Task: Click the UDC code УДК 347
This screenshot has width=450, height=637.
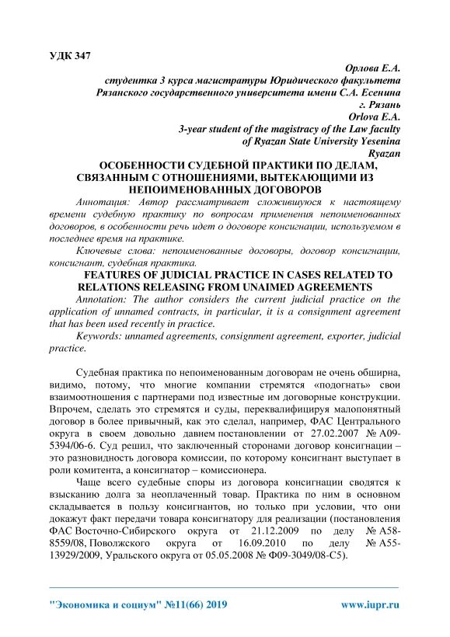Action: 70,55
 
